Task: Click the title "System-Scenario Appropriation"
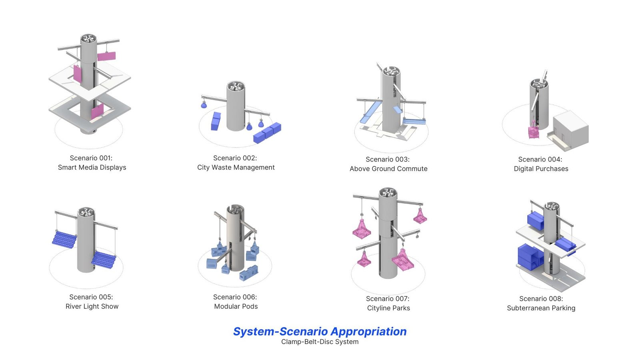click(320, 332)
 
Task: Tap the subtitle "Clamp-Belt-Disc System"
click(320, 342)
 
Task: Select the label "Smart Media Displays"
click(92, 168)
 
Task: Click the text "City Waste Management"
click(236, 168)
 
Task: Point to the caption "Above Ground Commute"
click(388, 169)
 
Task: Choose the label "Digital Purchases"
click(541, 169)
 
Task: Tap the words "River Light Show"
click(92, 306)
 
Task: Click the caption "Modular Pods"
click(236, 306)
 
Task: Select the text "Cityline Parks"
click(388, 308)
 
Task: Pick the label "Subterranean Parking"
click(541, 308)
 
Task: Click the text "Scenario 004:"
click(540, 159)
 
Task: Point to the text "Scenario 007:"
click(388, 299)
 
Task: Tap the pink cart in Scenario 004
click(534, 131)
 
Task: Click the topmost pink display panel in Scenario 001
click(106, 56)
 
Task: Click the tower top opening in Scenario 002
click(236, 86)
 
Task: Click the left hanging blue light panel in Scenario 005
click(64, 239)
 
